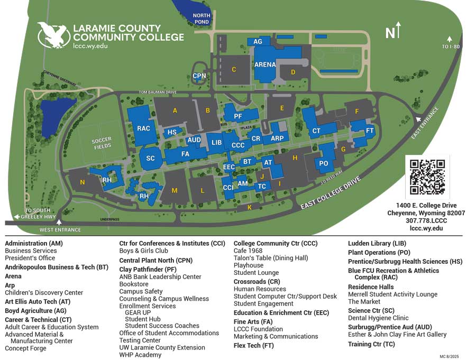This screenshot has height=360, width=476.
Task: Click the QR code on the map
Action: (x=427, y=177)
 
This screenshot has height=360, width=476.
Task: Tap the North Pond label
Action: (x=202, y=19)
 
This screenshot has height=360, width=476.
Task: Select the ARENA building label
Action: (x=266, y=64)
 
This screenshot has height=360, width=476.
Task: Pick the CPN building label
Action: (x=199, y=76)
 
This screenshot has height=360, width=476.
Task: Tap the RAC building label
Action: (x=144, y=128)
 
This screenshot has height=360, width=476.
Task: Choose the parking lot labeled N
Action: (x=82, y=182)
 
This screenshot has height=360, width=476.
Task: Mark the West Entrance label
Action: (x=60, y=230)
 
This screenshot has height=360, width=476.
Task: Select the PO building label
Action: (x=324, y=163)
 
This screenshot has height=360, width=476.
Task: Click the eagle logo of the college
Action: (x=53, y=35)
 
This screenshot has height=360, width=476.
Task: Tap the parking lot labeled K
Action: (x=250, y=207)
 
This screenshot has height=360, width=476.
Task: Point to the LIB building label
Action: (x=216, y=143)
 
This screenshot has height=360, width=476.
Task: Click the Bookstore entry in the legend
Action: (x=134, y=284)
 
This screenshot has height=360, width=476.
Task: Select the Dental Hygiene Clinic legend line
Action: (x=378, y=318)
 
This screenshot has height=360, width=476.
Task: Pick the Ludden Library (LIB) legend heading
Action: (x=378, y=243)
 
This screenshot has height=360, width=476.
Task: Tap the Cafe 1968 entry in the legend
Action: (x=248, y=251)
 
